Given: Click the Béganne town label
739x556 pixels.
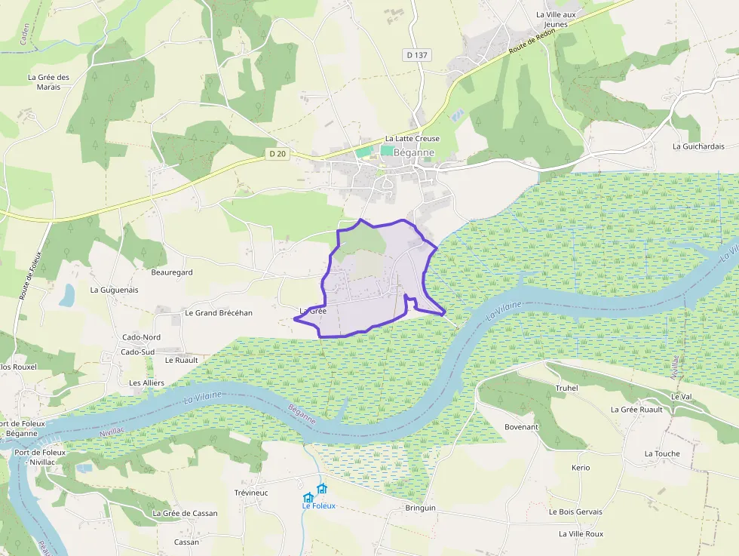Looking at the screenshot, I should point(414,152).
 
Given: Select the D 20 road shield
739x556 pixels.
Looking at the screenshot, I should point(278,153).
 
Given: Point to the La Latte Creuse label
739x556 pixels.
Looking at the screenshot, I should point(412,139).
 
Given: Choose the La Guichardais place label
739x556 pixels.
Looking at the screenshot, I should point(698,146).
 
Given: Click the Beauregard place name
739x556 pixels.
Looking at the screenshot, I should point(172,272).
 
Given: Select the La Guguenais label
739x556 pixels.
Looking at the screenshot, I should point(114,290).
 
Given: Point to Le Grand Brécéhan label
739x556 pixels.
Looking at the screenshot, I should point(219,313).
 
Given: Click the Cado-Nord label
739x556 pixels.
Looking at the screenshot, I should point(141,337).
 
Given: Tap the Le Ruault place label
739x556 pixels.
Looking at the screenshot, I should point(181,361).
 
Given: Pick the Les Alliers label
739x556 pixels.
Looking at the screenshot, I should point(146,383).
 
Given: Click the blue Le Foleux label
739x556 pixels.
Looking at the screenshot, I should point(318,506).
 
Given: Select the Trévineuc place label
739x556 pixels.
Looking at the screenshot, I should point(251,493).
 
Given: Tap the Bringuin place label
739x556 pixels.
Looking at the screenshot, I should point(420,508).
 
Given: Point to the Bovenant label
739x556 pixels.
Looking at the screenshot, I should point(522,427).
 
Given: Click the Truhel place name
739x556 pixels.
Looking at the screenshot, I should point(566,389).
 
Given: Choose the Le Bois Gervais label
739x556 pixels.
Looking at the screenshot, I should point(575,511).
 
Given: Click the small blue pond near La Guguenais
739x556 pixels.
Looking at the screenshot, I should point(67,295).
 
